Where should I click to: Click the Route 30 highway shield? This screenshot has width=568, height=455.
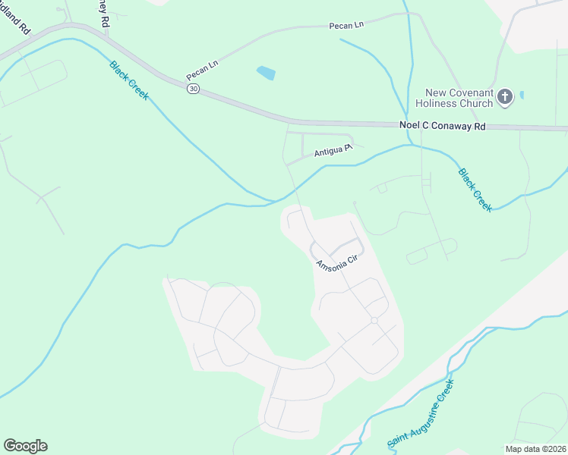[x=194, y=89]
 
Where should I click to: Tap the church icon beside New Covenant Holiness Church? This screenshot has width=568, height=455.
[x=506, y=96]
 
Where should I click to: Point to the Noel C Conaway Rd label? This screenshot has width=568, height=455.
[x=442, y=127]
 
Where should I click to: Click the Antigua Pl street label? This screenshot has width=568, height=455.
[x=333, y=152]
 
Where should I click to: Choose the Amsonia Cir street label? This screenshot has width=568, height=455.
[x=336, y=263]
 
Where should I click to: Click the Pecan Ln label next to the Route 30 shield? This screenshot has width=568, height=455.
[x=202, y=71]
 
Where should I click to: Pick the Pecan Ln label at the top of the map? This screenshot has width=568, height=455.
[x=346, y=25]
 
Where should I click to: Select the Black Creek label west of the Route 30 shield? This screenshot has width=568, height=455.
[x=129, y=80]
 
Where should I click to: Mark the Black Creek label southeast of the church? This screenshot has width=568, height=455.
[x=475, y=190]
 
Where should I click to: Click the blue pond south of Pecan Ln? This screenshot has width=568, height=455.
[x=266, y=73]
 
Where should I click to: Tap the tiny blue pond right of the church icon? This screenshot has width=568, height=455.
[x=522, y=95]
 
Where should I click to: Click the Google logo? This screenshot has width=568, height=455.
[x=25, y=446]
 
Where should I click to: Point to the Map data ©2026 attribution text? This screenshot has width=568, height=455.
[x=535, y=449]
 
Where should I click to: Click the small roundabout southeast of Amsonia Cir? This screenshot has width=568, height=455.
[x=374, y=321]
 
